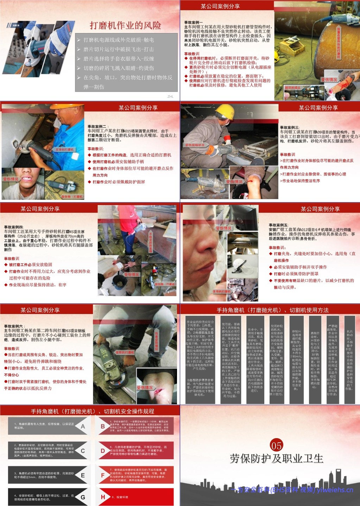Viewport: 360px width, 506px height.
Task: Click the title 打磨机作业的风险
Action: [x=125, y=25]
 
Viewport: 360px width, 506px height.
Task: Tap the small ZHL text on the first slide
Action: [x=170, y=96]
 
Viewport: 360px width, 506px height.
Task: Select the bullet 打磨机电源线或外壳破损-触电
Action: [x=119, y=40]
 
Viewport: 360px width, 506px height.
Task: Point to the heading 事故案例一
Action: [x=194, y=23]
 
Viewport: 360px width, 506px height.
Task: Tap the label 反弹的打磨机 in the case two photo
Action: [x=65, y=150]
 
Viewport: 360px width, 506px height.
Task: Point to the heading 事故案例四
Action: [x=14, y=227]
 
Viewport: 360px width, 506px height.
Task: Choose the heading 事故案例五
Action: [x=278, y=225]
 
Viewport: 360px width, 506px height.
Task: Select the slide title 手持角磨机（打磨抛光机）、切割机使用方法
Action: [x=272, y=310]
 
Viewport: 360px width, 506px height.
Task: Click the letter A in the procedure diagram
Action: [x=83, y=427]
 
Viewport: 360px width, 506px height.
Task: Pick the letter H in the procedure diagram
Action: [x=103, y=497]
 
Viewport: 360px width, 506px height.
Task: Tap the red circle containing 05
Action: [x=276, y=446]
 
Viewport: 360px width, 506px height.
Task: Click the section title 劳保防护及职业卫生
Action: [x=276, y=459]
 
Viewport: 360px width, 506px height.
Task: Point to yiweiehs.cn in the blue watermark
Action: [x=334, y=490]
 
